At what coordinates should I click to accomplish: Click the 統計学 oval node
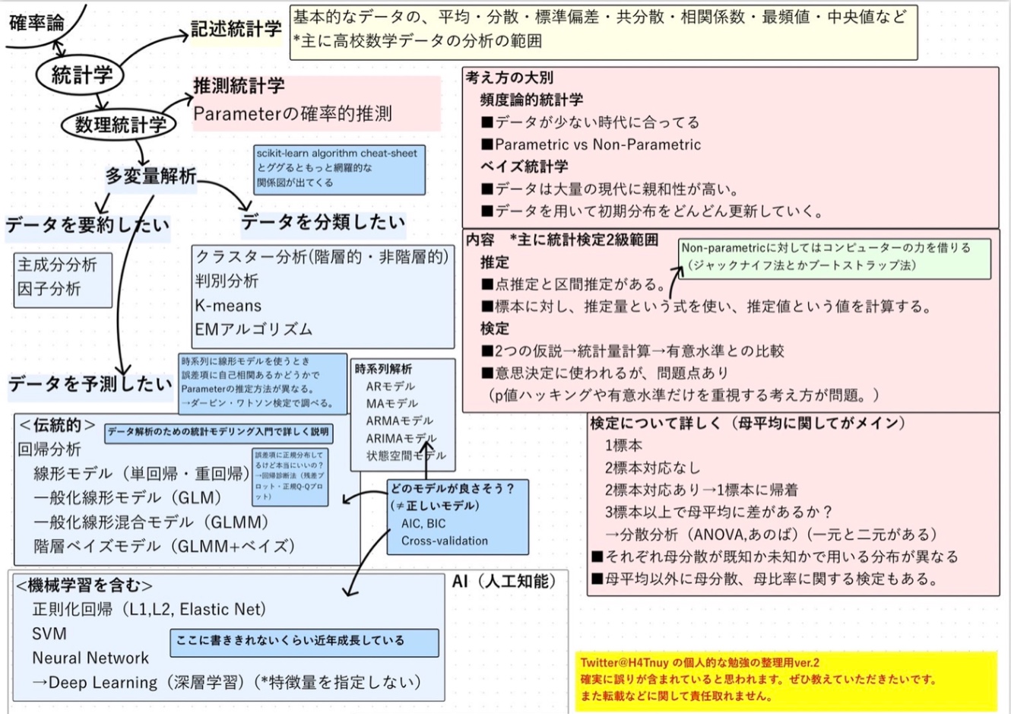(81, 75)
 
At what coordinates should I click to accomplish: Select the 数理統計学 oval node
(120, 125)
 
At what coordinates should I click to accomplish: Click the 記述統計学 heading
(236, 30)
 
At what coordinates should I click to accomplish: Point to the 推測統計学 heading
(239, 86)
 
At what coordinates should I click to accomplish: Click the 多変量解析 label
(151, 176)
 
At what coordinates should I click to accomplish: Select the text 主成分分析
(57, 265)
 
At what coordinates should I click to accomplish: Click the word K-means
(228, 306)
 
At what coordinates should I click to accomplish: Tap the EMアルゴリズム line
(253, 329)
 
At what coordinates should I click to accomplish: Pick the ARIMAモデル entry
(401, 439)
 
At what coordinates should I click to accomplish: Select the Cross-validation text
(445, 541)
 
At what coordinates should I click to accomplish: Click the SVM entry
(49, 633)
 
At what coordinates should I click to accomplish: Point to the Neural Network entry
(90, 658)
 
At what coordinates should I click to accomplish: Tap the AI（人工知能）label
(505, 582)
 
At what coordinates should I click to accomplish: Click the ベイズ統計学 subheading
(524, 167)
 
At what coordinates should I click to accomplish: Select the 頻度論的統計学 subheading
(531, 100)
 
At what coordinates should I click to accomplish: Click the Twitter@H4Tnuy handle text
(625, 662)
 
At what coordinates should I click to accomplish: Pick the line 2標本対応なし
(652, 468)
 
